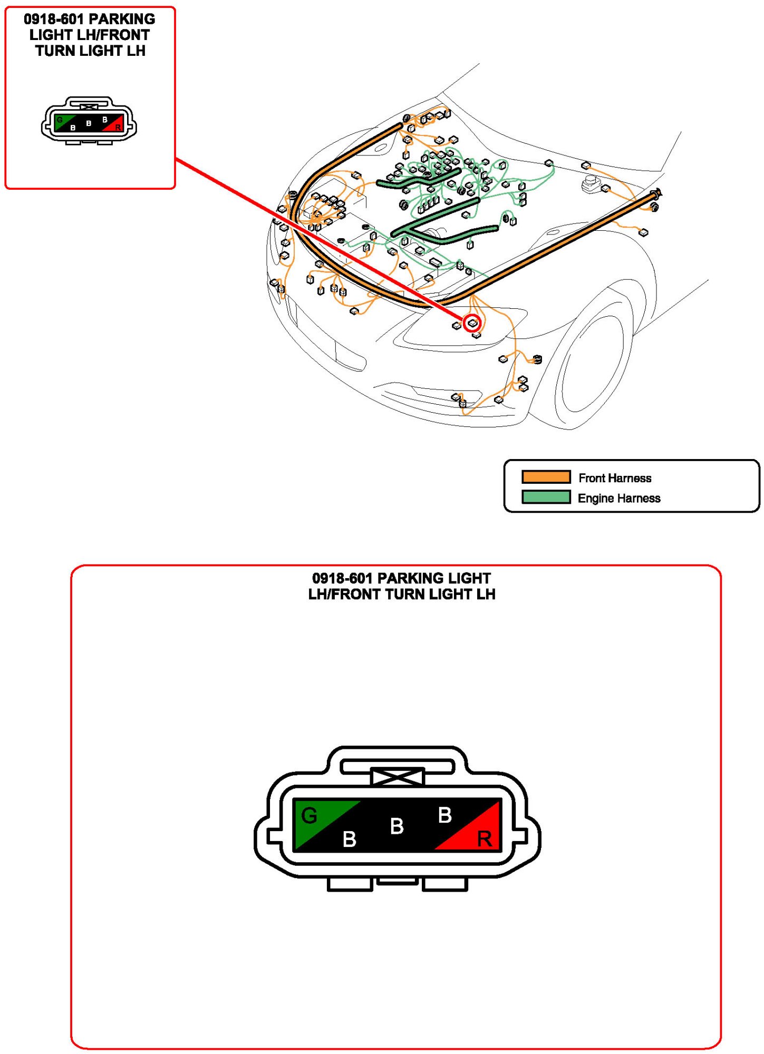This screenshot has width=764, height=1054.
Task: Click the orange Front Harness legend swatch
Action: pos(546,477)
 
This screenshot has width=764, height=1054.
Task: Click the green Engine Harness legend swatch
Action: pos(546,497)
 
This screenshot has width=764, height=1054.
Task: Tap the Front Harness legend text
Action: pos(615,478)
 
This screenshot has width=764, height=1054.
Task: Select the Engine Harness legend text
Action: pos(619,498)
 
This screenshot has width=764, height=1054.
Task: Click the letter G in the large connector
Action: pos(309,816)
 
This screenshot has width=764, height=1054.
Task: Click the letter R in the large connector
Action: pos(484,838)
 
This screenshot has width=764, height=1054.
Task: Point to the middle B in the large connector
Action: pos(397,826)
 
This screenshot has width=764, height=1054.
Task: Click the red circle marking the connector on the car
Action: pos(472,323)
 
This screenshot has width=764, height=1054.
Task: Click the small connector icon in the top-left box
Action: pos(89,121)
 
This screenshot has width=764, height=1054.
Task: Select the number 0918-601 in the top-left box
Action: pos(53,19)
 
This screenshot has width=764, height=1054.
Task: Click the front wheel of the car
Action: pos(591,364)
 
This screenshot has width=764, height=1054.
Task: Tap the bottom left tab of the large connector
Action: pos(350,884)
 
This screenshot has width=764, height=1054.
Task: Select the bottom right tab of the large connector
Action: pos(445,884)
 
